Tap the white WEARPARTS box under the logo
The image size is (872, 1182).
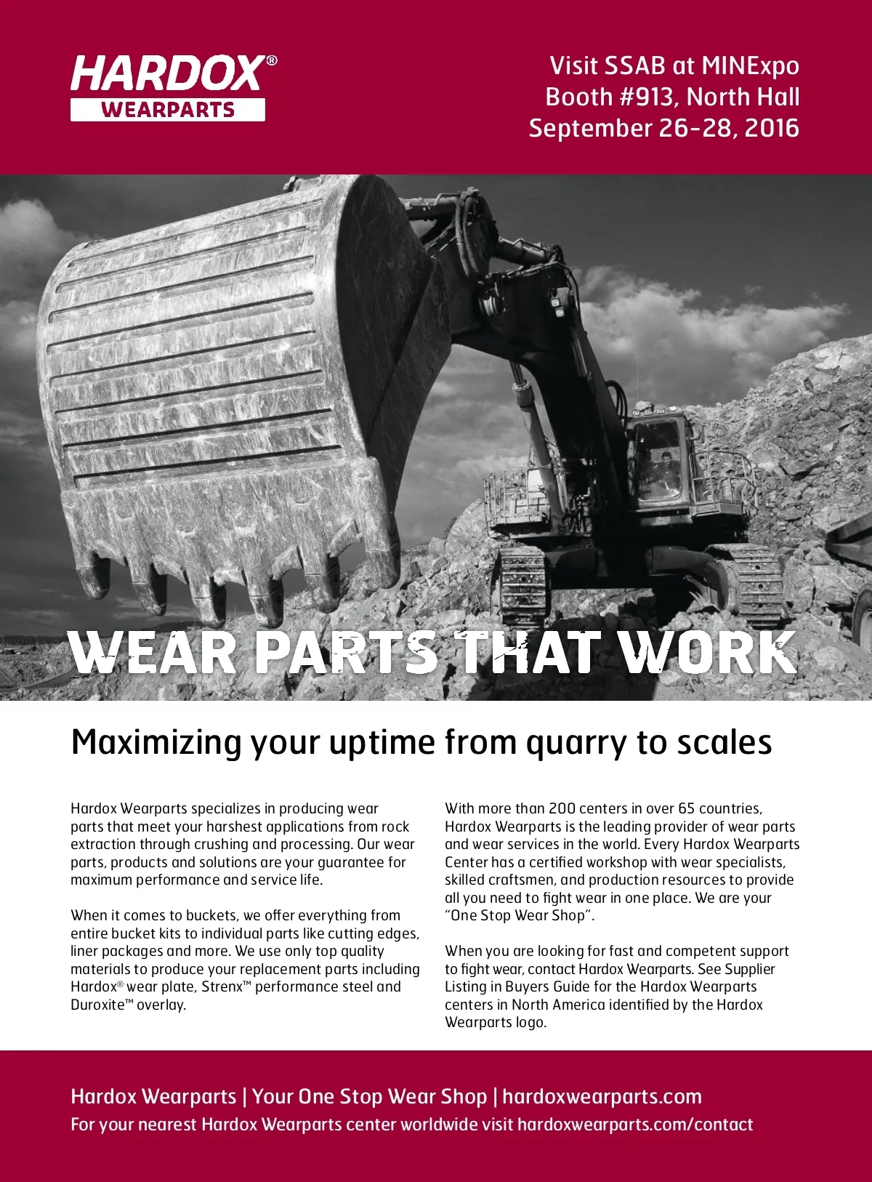coord(168,110)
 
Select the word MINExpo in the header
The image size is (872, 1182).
coord(750,65)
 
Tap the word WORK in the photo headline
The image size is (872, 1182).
coord(708,652)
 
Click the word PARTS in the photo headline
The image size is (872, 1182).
coord(345,652)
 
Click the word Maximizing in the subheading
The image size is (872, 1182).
coord(156,742)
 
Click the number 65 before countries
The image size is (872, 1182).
coord(687,808)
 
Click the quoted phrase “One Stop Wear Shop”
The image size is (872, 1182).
coord(520,915)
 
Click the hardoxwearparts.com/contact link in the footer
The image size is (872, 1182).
coord(635,1124)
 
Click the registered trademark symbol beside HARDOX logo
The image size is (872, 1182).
coord(272,61)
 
